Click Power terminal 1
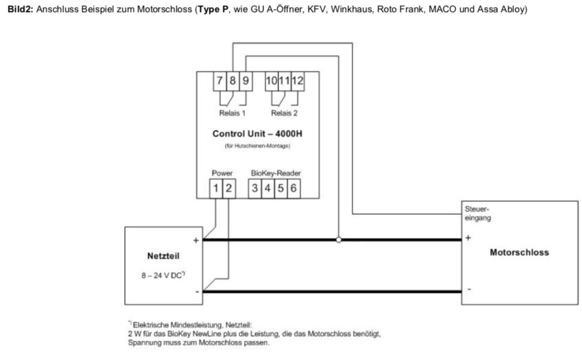click(x=216, y=189)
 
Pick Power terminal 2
click(x=228, y=189)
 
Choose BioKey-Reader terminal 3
click(x=255, y=189)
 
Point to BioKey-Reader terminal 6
click(x=293, y=189)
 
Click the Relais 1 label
click(x=232, y=113)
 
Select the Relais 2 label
click(x=284, y=113)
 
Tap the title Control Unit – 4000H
click(x=256, y=133)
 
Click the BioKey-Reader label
click(x=275, y=173)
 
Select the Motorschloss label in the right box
click(x=519, y=253)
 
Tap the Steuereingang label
click(x=478, y=214)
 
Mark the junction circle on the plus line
click(x=338, y=240)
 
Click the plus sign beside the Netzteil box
click(x=196, y=241)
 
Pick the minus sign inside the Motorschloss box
click(x=468, y=289)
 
